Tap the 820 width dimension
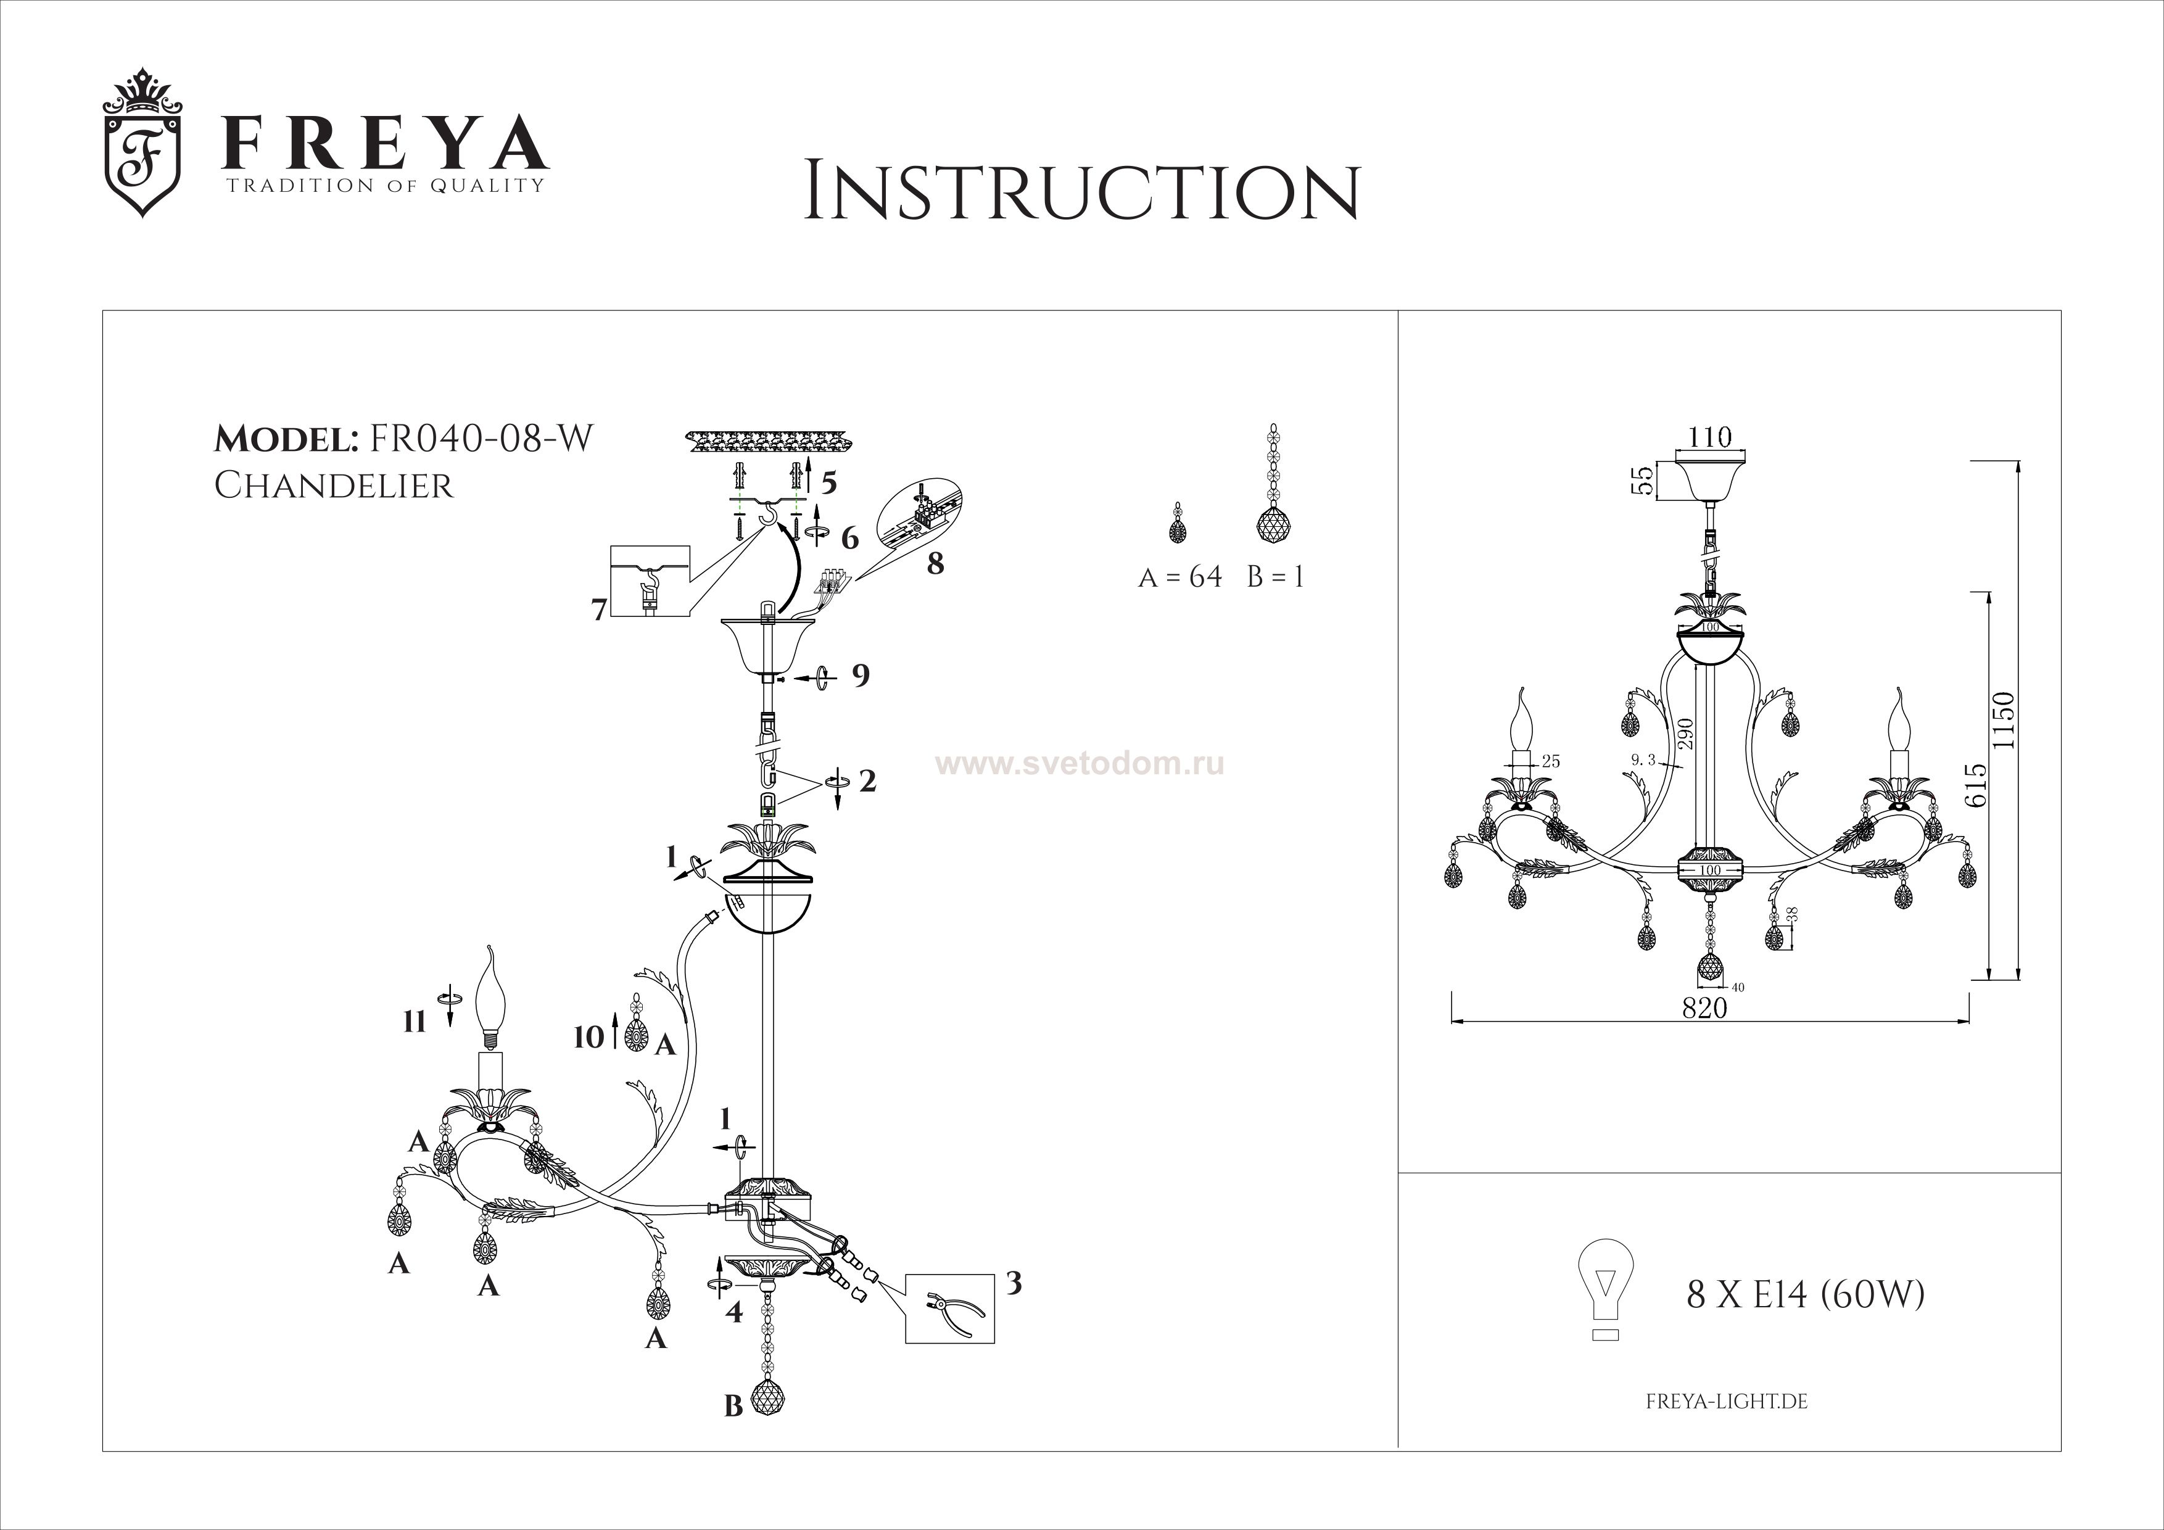[x=1705, y=1007]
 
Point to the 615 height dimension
[x=1975, y=784]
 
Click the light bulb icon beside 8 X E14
[x=1605, y=1293]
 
